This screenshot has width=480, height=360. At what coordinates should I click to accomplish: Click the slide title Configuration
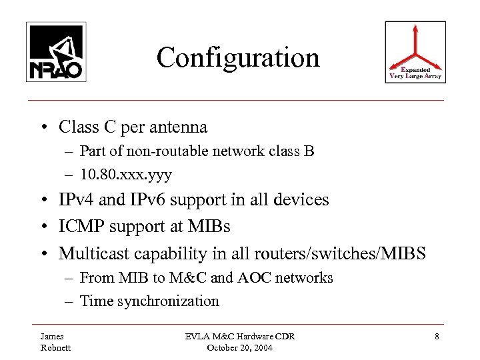pyautogui.click(x=238, y=58)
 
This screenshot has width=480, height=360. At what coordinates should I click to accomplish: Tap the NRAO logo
pyautogui.click(x=55, y=52)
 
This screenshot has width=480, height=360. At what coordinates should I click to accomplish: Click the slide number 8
pyautogui.click(x=435, y=337)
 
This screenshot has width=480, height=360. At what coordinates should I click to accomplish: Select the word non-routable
pyautogui.click(x=157, y=152)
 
